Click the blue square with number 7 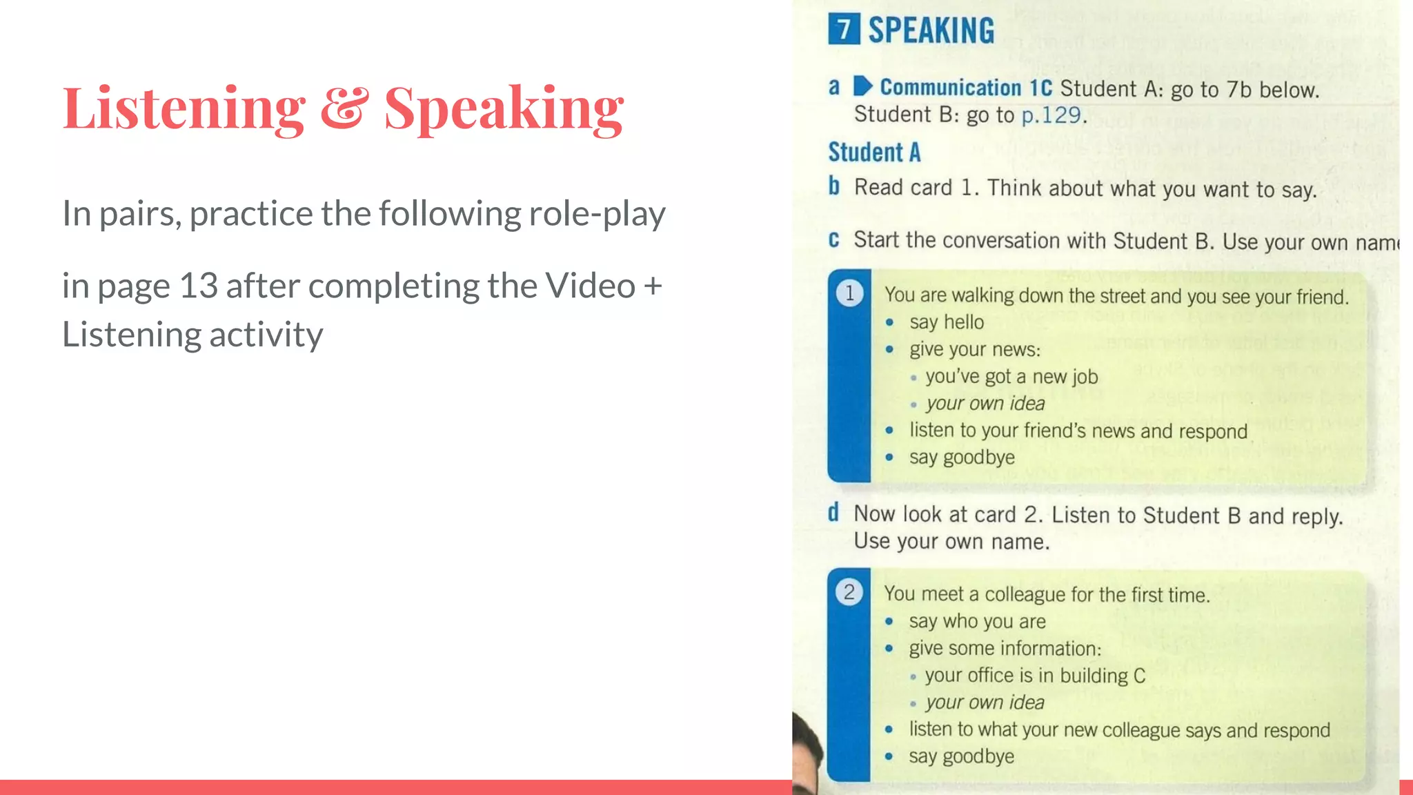[844, 30]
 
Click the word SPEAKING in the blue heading [931, 31]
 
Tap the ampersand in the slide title [344, 108]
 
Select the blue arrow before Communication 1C [862, 86]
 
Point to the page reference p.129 [1051, 115]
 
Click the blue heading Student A [874, 152]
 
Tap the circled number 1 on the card [849, 293]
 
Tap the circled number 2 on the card [849, 592]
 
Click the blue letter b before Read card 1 [834, 186]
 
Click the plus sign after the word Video [652, 286]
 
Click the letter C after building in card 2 [1139, 676]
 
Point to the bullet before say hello [890, 322]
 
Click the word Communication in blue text [950, 88]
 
